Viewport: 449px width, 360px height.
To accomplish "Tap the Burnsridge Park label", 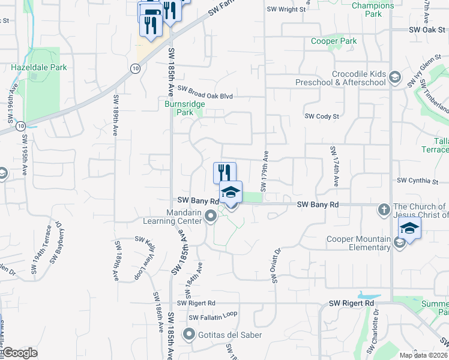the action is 185,108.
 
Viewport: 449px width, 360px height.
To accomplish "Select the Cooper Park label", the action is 334,41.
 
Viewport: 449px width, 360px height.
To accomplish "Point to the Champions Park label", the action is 373,10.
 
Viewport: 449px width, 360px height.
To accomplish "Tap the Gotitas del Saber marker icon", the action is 190,334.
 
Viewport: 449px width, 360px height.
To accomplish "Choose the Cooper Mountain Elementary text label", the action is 358,243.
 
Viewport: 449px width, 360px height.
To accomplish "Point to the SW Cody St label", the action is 322,116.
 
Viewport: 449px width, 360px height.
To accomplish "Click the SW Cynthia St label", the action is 418,180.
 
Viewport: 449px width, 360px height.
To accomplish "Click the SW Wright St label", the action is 286,9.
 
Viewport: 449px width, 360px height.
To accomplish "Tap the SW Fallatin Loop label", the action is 213,316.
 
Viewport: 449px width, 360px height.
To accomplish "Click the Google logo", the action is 20,353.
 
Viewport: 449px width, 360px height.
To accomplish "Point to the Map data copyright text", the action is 424,355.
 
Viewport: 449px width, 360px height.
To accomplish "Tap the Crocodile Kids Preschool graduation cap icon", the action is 395,77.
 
